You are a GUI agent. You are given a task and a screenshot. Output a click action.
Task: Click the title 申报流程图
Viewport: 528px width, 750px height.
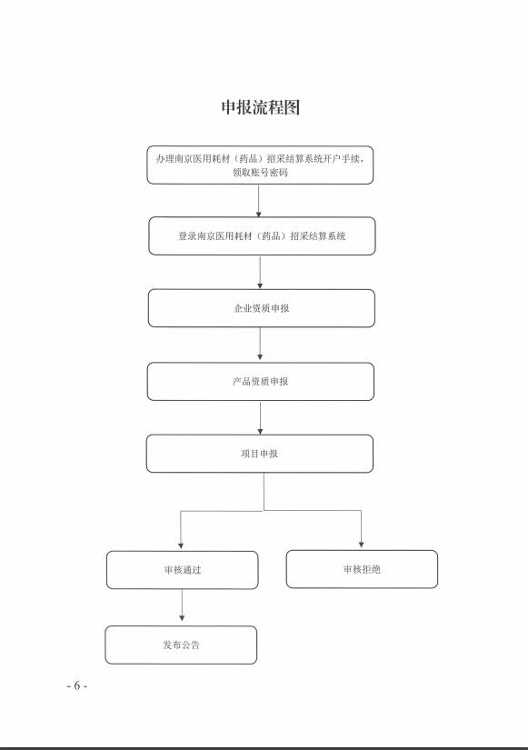pyautogui.click(x=261, y=107)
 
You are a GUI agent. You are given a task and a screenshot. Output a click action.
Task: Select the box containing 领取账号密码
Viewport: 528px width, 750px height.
pyautogui.click(x=260, y=165)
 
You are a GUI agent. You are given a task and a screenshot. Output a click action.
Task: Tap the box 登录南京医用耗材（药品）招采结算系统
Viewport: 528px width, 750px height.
pyautogui.click(x=262, y=235)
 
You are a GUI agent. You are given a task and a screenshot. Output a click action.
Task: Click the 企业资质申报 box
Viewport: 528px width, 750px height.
pyautogui.click(x=262, y=308)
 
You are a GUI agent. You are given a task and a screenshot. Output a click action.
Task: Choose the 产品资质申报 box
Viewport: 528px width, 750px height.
pyautogui.click(x=261, y=381)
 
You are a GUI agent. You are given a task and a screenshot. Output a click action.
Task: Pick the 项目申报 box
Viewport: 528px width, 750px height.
pyautogui.click(x=260, y=454)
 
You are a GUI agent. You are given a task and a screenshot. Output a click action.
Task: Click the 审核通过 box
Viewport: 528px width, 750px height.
pyautogui.click(x=183, y=570)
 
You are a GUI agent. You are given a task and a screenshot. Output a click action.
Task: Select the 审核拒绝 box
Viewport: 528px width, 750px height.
pyautogui.click(x=362, y=569)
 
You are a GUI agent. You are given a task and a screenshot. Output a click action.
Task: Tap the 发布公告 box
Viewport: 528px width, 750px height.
pyautogui.click(x=181, y=645)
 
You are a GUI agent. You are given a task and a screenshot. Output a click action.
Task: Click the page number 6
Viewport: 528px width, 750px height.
pyautogui.click(x=77, y=685)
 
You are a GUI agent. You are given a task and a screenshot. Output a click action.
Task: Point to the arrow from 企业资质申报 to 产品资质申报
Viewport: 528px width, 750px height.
pyautogui.click(x=260, y=344)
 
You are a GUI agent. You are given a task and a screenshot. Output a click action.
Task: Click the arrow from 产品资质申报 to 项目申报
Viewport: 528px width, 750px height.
pyautogui.click(x=260, y=417)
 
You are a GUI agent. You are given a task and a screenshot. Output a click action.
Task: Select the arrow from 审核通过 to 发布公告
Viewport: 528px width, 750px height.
pyautogui.click(x=182, y=605)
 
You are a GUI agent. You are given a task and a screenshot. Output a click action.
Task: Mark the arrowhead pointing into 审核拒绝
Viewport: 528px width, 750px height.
pyautogui.click(x=361, y=545)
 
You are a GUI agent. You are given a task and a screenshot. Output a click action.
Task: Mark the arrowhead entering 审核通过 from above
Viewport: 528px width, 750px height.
pyautogui.click(x=181, y=545)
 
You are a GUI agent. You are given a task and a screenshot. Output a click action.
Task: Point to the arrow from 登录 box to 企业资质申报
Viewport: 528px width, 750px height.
pyautogui.click(x=260, y=272)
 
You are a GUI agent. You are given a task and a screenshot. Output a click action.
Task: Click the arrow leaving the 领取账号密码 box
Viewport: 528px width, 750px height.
pyautogui.click(x=259, y=201)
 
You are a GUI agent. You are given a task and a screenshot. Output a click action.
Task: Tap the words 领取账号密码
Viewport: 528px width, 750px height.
pyautogui.click(x=260, y=172)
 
